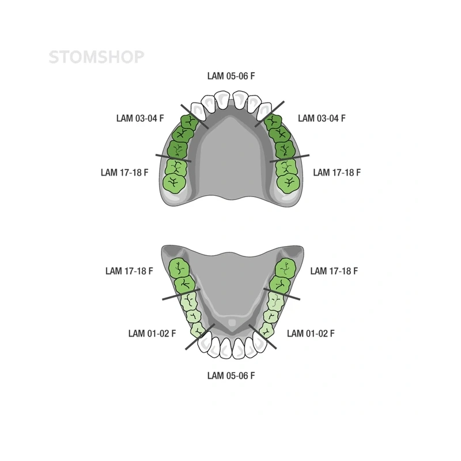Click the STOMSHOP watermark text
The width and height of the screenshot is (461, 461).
click(96, 57)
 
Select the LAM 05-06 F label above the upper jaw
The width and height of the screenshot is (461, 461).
click(231, 76)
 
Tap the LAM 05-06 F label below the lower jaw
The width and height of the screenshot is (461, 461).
click(231, 376)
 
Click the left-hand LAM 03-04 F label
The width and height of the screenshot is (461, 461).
click(140, 118)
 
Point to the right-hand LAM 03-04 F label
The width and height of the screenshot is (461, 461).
click(322, 118)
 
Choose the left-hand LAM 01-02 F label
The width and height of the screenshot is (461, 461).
click(152, 334)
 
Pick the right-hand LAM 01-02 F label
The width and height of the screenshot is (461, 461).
click(311, 334)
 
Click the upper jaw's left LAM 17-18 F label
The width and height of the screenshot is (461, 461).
click(124, 172)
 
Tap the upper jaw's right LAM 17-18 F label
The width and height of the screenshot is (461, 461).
click(337, 172)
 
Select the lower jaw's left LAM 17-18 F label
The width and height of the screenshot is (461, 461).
click(129, 271)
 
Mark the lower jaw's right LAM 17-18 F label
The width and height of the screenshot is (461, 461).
click(334, 271)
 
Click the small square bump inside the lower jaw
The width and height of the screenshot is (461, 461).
click(232, 323)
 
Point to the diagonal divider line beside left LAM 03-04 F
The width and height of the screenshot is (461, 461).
click(195, 117)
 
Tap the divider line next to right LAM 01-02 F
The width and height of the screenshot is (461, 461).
click(263, 337)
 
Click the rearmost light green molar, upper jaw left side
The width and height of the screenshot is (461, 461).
click(175, 184)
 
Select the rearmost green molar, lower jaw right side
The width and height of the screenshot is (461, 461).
click(286, 268)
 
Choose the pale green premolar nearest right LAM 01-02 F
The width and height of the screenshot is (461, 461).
click(267, 330)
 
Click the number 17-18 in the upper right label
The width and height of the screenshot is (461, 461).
click(342, 172)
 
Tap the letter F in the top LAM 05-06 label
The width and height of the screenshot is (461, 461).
click(252, 76)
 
